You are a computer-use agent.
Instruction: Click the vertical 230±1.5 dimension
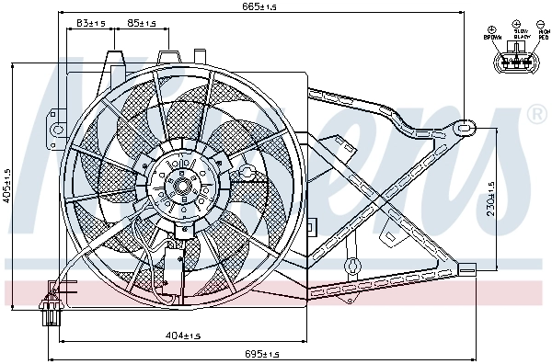(x=491, y=197)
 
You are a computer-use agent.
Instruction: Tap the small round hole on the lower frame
(x=350, y=266)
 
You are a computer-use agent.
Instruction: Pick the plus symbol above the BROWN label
(x=493, y=28)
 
